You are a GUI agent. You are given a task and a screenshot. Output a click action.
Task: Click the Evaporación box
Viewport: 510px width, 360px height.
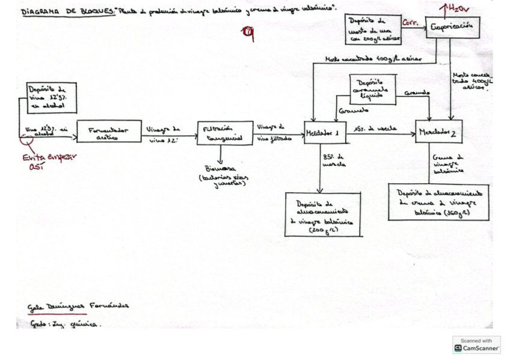click(453, 27)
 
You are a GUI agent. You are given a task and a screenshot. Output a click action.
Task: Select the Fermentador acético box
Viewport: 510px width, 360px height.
click(109, 132)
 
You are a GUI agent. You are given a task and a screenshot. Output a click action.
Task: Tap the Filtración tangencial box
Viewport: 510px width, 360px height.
click(224, 132)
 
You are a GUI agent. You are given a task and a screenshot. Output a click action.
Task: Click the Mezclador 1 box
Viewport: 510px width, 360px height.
click(325, 133)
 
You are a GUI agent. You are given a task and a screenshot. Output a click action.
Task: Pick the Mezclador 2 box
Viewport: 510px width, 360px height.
click(438, 132)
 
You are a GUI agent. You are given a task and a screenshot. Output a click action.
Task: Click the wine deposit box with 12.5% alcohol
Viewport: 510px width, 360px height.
click(52, 97)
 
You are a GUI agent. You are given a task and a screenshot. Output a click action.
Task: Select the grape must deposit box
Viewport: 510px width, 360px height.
click(368, 31)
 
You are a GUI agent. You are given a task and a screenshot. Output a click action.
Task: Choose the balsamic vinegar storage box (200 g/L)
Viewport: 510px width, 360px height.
click(323, 215)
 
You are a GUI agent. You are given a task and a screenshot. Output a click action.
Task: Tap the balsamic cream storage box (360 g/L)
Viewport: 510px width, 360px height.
click(438, 202)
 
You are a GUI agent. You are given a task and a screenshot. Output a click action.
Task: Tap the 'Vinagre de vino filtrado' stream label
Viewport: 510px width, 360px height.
click(274, 132)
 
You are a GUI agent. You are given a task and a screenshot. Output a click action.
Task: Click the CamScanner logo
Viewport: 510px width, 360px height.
click(476, 345)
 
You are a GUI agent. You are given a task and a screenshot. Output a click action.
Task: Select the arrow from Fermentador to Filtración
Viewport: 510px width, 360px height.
click(170, 135)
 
